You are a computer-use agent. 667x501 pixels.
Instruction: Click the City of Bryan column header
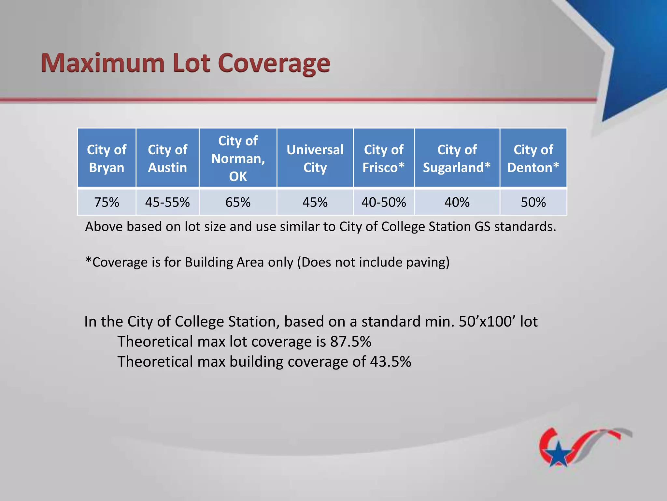106,158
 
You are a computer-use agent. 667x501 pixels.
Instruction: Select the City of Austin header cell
167,158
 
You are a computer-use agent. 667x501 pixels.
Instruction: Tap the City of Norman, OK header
238,158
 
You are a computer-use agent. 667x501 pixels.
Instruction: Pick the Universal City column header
315,158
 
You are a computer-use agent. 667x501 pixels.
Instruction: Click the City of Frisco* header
383,158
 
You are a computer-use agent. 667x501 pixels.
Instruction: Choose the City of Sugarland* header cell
457,158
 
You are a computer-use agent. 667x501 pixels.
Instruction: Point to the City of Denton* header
533,158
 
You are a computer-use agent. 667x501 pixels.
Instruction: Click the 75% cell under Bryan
106,202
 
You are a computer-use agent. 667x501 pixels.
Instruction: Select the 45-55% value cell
167,202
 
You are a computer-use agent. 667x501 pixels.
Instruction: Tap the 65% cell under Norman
238,202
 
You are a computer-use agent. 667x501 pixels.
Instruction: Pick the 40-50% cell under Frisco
383,202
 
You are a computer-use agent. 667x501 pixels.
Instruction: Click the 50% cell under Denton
533,202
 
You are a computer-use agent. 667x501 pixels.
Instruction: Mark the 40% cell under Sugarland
457,202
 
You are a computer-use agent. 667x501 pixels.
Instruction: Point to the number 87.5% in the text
350,342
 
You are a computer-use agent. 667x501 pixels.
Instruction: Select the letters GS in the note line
482,227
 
